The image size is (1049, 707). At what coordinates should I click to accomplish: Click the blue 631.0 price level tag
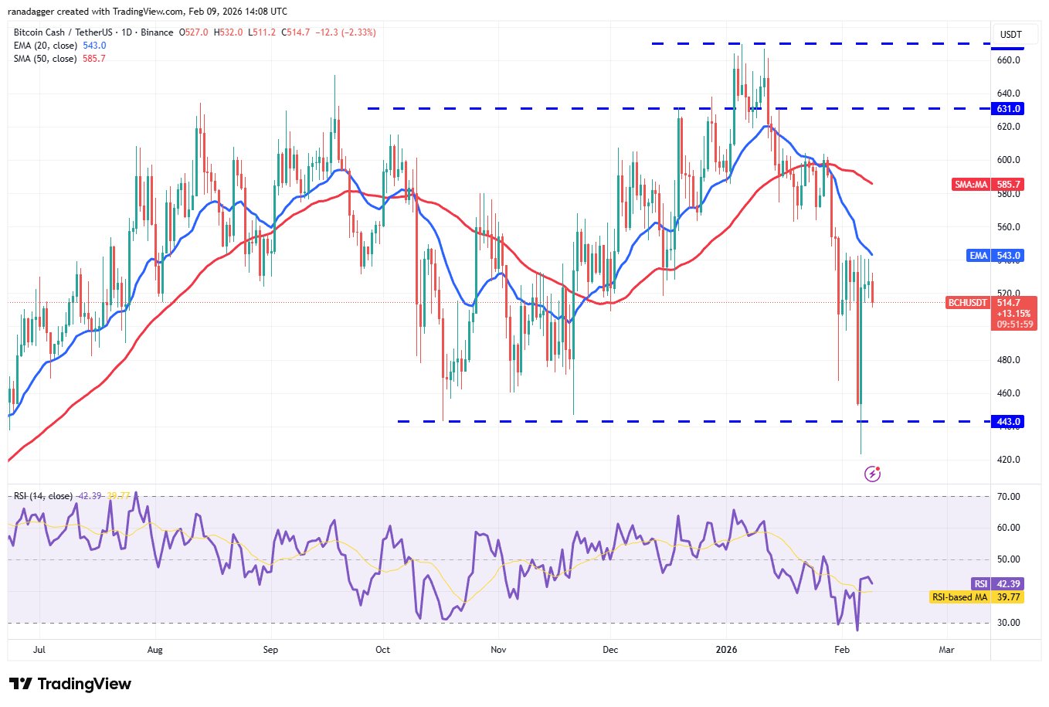click(1009, 109)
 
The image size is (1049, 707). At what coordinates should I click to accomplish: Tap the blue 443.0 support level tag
click(1009, 422)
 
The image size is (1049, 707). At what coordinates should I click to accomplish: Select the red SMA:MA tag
click(971, 185)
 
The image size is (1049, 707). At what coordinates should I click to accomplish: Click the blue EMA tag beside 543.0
click(979, 256)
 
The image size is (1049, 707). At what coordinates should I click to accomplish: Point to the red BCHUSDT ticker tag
click(968, 303)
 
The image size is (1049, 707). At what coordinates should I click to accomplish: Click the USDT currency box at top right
click(1010, 35)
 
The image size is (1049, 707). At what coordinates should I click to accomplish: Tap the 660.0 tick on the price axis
click(1009, 60)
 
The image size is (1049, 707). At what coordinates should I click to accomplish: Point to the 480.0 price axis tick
click(1009, 360)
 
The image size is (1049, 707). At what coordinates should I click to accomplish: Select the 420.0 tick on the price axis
click(1009, 460)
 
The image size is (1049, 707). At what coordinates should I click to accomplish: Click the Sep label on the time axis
click(270, 650)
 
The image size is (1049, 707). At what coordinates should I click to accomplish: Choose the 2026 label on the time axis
click(726, 650)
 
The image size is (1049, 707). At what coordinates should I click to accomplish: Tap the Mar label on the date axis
click(946, 650)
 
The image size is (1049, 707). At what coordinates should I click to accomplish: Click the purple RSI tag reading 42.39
click(980, 584)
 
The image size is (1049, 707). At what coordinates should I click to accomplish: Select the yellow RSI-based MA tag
click(959, 597)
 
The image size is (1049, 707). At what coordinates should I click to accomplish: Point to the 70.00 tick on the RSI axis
click(1008, 497)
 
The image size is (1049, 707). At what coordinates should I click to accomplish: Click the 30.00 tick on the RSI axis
click(1008, 623)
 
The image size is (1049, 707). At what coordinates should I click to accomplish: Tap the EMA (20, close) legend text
click(45, 46)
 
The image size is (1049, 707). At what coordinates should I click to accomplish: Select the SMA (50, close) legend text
click(45, 59)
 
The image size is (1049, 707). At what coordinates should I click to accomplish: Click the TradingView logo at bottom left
click(70, 684)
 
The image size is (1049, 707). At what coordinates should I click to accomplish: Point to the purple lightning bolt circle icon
click(872, 474)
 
